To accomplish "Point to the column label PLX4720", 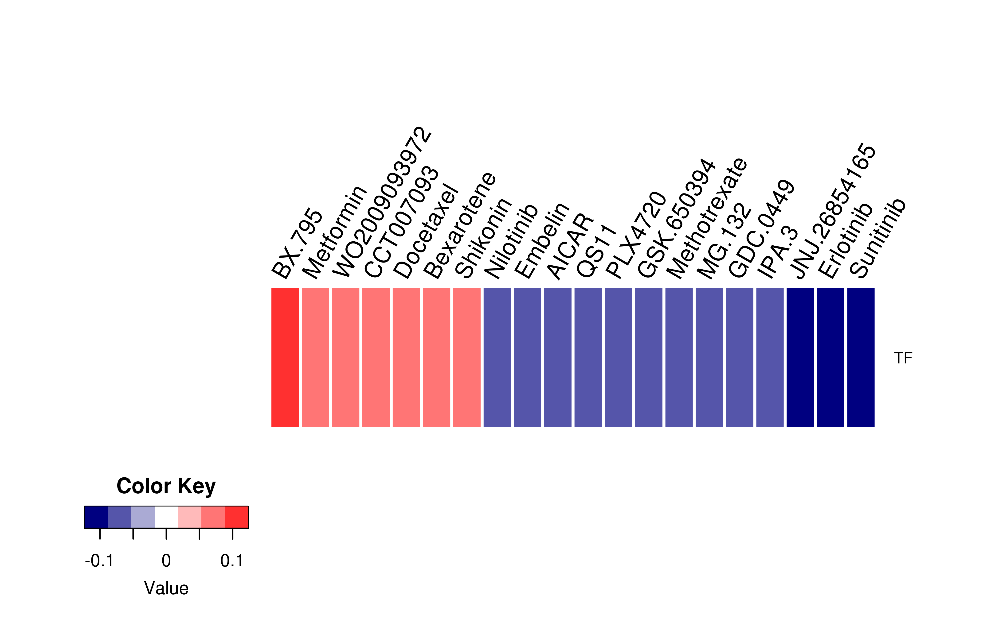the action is (636, 235).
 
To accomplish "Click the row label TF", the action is (903, 358).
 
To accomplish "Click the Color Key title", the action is (166, 487).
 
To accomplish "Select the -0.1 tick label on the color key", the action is (99, 561).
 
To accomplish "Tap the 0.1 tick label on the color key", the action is (232, 561).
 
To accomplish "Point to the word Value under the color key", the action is (166, 588).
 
